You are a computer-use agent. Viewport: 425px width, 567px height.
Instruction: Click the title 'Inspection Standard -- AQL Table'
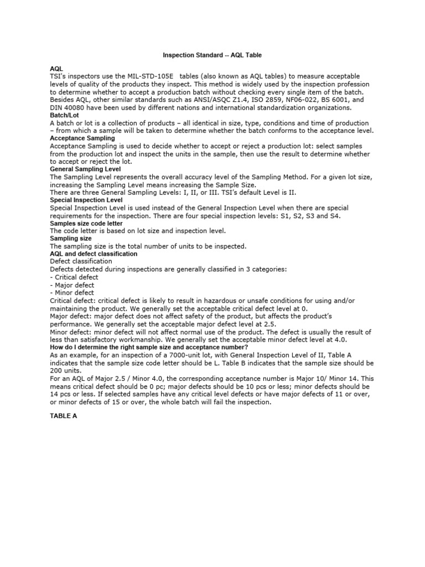pos(212,55)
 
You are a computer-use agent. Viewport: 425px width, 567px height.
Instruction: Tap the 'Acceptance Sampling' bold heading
pos(82,138)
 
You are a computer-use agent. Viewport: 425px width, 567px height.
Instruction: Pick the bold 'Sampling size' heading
pos(71,238)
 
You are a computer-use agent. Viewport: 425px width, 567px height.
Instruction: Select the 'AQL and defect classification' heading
pos(94,254)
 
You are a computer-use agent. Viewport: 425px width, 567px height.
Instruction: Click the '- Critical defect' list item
pos(74,277)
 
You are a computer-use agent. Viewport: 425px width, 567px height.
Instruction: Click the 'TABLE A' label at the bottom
pos(64,415)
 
